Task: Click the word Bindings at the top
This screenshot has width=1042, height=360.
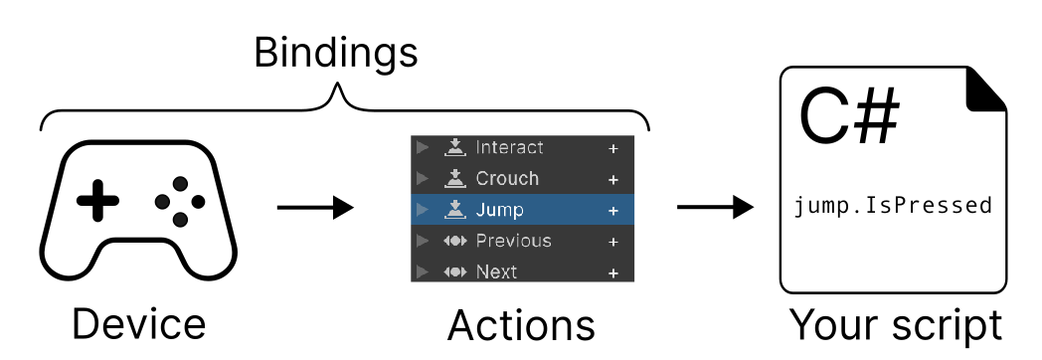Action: point(335,52)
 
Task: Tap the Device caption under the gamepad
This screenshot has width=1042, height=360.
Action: point(138,325)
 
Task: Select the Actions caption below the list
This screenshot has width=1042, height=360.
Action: point(521,325)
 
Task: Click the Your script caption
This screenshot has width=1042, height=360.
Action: point(896,325)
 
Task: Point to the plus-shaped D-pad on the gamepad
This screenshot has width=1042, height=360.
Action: point(97,202)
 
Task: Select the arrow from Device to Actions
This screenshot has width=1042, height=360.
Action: point(314,208)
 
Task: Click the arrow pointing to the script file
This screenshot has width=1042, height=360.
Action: point(714,208)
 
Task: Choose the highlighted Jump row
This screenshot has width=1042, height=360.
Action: point(522,210)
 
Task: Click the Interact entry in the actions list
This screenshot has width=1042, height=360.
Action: point(509,148)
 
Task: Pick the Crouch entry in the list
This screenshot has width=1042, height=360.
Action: point(507,179)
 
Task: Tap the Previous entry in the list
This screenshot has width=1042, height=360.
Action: point(513,241)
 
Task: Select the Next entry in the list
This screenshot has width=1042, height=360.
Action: point(496,271)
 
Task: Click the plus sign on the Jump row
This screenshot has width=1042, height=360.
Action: point(613,211)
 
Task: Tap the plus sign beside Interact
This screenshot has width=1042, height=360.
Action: point(613,149)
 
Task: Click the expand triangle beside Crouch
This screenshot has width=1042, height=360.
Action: point(423,179)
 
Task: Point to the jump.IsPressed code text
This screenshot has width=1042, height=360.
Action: point(893,206)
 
